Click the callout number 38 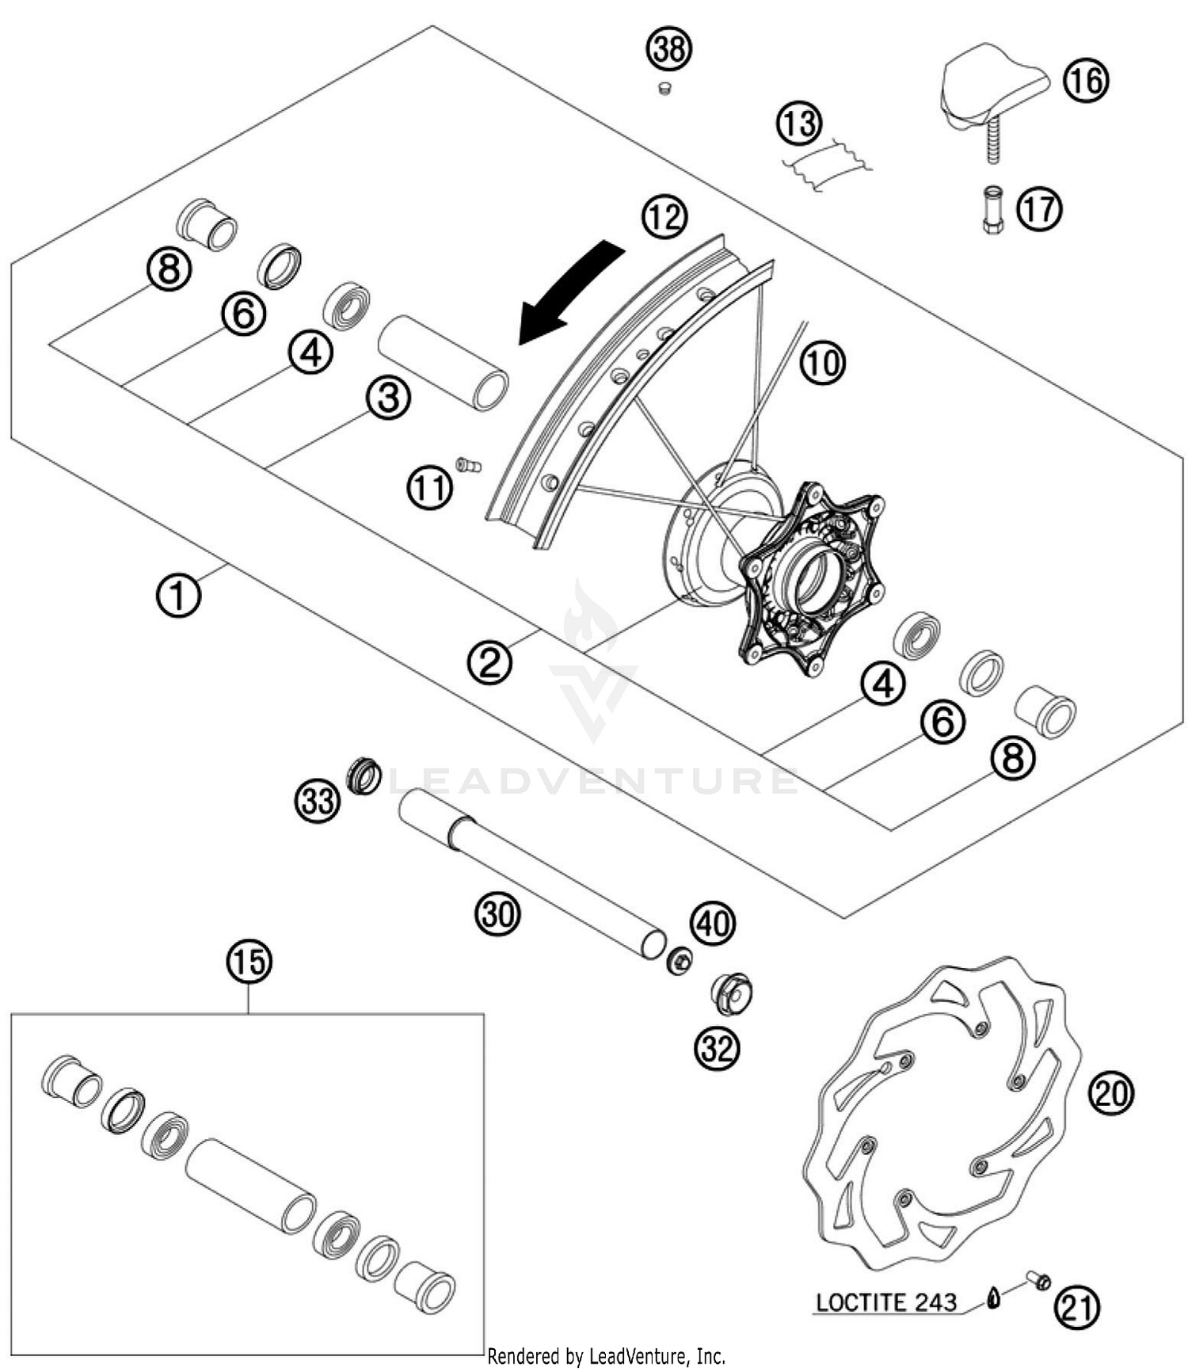pyautogui.click(x=669, y=49)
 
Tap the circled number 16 pyautogui.click(x=1085, y=80)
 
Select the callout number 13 pyautogui.click(x=799, y=124)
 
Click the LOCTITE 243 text pyautogui.click(x=886, y=1302)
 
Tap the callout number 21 pyautogui.click(x=1076, y=1309)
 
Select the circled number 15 pyautogui.click(x=249, y=962)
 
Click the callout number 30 pyautogui.click(x=497, y=913)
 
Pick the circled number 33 pyautogui.click(x=318, y=801)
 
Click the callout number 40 pyautogui.click(x=713, y=923)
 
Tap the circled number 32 pyautogui.click(x=717, y=1048)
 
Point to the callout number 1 pyautogui.click(x=178, y=595)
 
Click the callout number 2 pyautogui.click(x=489, y=662)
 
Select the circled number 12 pyautogui.click(x=664, y=216)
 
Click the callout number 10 pyautogui.click(x=822, y=364)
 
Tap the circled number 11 pyautogui.click(x=430, y=487)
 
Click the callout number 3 pyautogui.click(x=388, y=397)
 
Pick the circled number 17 pyautogui.click(x=1039, y=209)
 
